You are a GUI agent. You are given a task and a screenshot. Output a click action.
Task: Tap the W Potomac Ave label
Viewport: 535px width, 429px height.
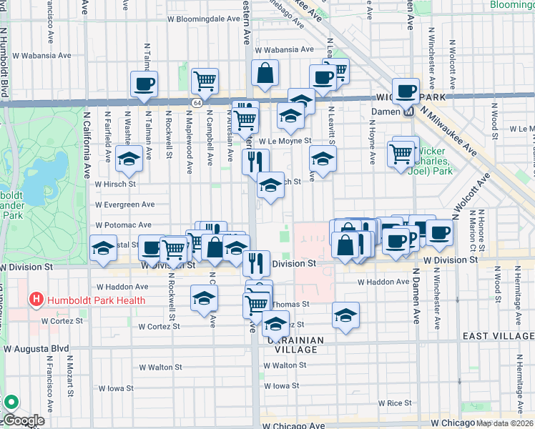pyautogui.click(x=124, y=225)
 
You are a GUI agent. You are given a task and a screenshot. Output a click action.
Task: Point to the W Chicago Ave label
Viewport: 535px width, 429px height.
pyautogui.click(x=295, y=425)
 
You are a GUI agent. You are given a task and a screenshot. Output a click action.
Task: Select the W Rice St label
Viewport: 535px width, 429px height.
pyautogui.click(x=393, y=403)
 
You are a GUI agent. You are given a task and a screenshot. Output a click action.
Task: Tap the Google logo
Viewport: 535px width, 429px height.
pyautogui.click(x=23, y=420)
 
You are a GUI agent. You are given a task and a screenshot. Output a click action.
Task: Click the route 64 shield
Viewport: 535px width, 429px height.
pyautogui.click(x=196, y=104)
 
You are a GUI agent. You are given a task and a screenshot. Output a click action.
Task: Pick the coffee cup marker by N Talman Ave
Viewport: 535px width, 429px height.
pyautogui.click(x=144, y=84)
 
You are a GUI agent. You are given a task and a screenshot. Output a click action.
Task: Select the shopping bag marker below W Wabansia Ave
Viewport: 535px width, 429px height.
pyautogui.click(x=265, y=73)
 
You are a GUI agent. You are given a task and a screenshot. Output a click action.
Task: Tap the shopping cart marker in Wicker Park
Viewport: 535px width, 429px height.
pyautogui.click(x=400, y=152)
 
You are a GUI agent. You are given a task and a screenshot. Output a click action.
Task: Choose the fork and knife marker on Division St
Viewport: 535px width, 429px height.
pyautogui.click(x=255, y=263)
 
